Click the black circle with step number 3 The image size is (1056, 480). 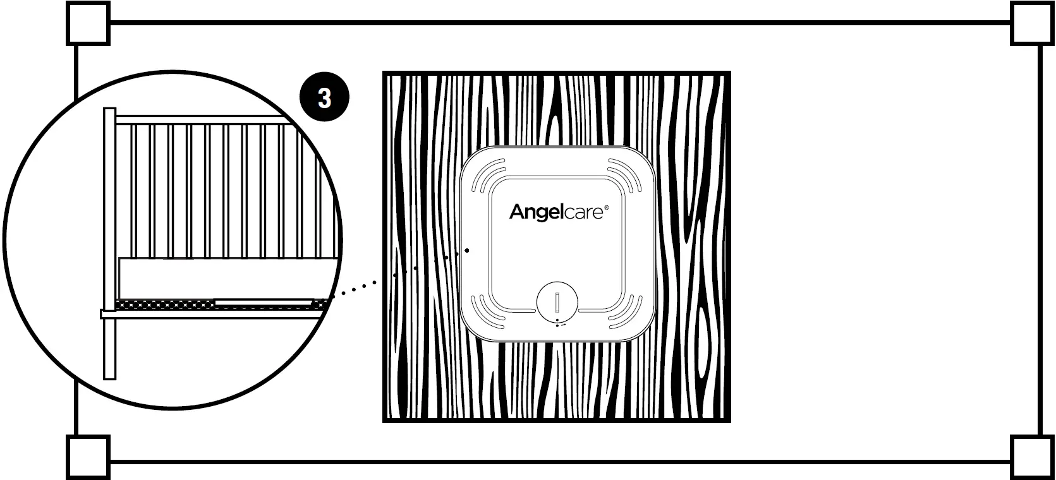(324, 99)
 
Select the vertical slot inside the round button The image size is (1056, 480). (557, 302)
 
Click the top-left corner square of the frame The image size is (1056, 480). (88, 23)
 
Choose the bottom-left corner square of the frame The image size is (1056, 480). (88, 457)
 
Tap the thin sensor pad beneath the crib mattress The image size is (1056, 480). (264, 303)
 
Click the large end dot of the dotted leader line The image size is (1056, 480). (466, 250)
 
